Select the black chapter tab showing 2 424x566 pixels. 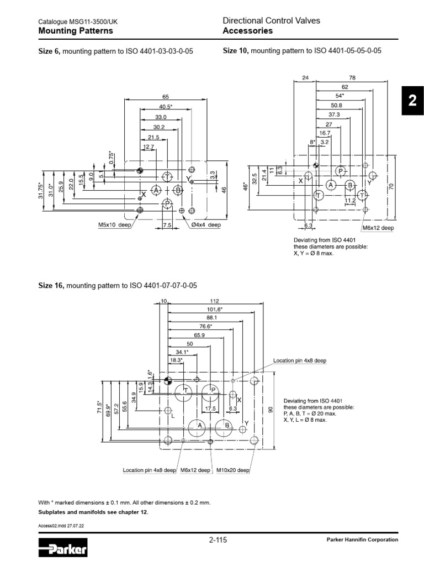coord(411,101)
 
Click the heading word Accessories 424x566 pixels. coord(247,31)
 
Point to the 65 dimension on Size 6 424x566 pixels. coord(165,97)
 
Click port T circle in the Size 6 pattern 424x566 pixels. coord(168,176)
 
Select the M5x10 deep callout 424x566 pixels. coord(113,225)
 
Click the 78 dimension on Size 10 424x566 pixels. coord(352,78)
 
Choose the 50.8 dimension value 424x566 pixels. coord(336,105)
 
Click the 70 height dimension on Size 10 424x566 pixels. coord(390,187)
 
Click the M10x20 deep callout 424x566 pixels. coord(232,470)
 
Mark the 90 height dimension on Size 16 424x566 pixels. coord(270,410)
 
